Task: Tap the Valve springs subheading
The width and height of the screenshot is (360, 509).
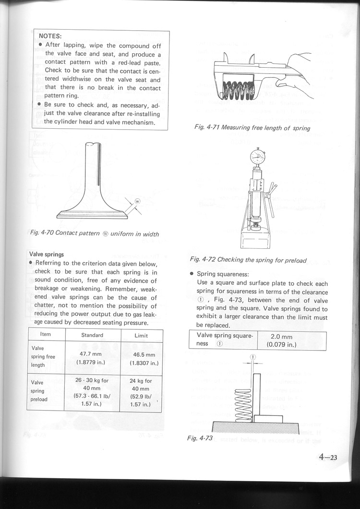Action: (x=47, y=254)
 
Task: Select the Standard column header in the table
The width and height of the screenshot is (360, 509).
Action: (x=92, y=335)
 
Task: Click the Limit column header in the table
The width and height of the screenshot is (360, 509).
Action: (x=141, y=335)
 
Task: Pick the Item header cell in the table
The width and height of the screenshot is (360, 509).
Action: (x=46, y=335)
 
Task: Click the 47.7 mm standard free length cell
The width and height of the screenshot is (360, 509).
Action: (x=92, y=358)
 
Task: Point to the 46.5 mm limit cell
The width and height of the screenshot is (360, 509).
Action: (x=141, y=358)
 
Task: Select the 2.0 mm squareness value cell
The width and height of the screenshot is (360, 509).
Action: (x=292, y=340)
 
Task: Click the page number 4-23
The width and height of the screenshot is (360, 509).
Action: (x=328, y=457)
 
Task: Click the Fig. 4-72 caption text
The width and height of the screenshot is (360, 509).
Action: (x=248, y=260)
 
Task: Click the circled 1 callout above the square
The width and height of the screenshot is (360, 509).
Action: (x=253, y=357)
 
